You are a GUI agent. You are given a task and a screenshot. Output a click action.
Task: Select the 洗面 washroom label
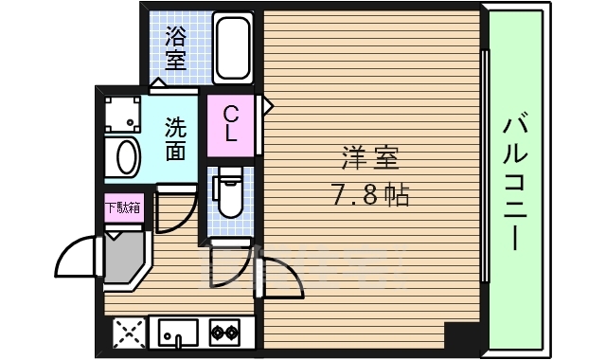click(x=175, y=138)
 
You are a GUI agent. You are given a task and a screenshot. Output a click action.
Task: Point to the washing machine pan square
click(x=120, y=115)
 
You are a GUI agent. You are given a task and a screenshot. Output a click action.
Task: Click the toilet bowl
click(x=228, y=195)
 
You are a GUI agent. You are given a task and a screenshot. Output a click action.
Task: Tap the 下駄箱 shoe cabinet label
click(x=123, y=207)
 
